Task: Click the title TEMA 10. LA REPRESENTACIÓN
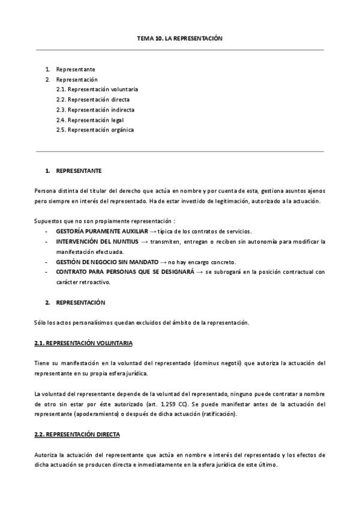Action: tap(179, 38)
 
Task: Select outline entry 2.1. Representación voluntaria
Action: tap(97, 89)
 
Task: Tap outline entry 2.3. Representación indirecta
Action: tap(95, 110)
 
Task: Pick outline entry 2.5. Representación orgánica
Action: tap(95, 130)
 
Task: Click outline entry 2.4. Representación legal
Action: tap(90, 120)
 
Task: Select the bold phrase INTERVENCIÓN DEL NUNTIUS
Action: tap(97, 241)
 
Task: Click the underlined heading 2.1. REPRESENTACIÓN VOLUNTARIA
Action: tap(83, 343)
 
